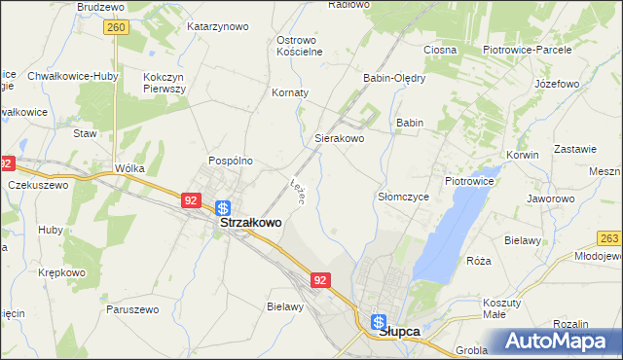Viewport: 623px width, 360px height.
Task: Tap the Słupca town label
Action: point(398,331)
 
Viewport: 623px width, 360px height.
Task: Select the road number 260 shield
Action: point(116,28)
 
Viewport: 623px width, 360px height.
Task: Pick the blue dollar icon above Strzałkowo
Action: point(223,207)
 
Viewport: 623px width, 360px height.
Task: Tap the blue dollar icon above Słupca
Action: point(379,322)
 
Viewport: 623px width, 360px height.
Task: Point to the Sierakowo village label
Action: point(339,139)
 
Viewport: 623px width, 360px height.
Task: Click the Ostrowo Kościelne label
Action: point(299,46)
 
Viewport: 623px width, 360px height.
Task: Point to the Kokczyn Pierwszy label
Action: point(164,82)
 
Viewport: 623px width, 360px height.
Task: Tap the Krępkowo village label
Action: point(59,272)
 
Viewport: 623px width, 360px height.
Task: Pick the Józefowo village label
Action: point(557,84)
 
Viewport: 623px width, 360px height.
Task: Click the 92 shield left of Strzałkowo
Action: point(191,200)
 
